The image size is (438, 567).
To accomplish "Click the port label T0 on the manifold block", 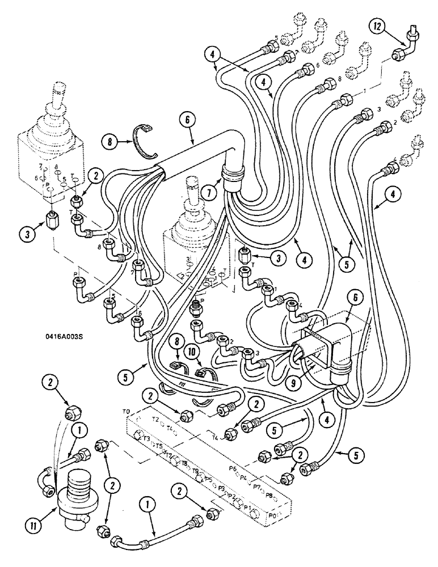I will tap(127, 411).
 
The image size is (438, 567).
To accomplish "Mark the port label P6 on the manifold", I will tap(233, 469).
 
